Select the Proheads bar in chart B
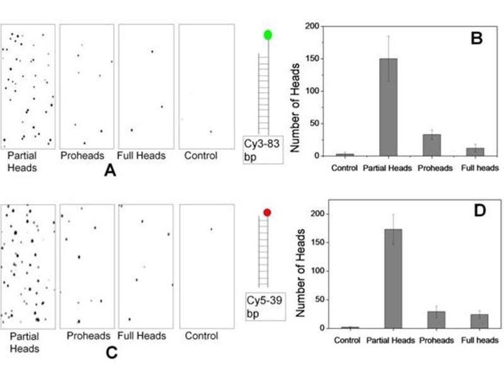pos(432,145)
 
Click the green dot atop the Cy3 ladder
pos(268,35)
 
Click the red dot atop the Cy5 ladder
pos(267,214)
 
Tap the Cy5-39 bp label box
pos(264,305)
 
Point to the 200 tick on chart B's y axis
pos(313,26)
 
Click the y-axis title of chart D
pos(301,271)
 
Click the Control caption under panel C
pos(201,336)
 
